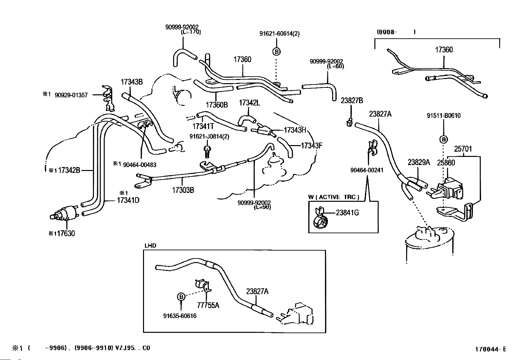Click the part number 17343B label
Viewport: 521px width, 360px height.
tap(132, 82)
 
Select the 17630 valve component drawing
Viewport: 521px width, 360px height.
tap(64, 213)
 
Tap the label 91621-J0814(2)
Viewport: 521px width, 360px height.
tap(209, 137)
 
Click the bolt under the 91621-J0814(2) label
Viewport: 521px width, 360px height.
tap(207, 152)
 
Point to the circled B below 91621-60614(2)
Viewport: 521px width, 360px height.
tap(277, 52)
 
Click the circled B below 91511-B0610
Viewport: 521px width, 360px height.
tap(443, 140)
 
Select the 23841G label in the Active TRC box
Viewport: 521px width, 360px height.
tap(347, 213)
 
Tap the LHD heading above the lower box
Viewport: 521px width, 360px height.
tap(151, 245)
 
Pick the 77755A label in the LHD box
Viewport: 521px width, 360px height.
tap(208, 305)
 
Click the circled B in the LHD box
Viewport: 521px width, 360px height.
tap(181, 297)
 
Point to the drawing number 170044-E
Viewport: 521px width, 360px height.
tap(491, 349)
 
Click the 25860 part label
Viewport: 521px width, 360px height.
tap(446, 162)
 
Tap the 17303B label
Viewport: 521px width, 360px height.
tap(183, 190)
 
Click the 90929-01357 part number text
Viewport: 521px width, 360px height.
tap(71, 95)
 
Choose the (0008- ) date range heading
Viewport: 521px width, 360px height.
tap(396, 32)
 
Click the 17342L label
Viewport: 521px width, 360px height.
tap(250, 103)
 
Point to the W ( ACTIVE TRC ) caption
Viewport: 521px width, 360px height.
tap(333, 197)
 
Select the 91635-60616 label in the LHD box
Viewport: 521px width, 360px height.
tap(180, 316)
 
